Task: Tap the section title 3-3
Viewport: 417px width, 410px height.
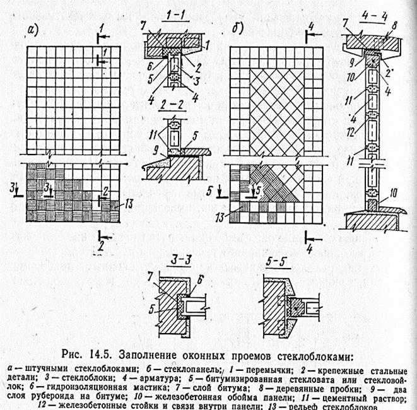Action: pyautogui.click(x=170, y=260)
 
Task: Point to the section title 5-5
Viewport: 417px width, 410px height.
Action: pyautogui.click(x=277, y=260)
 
